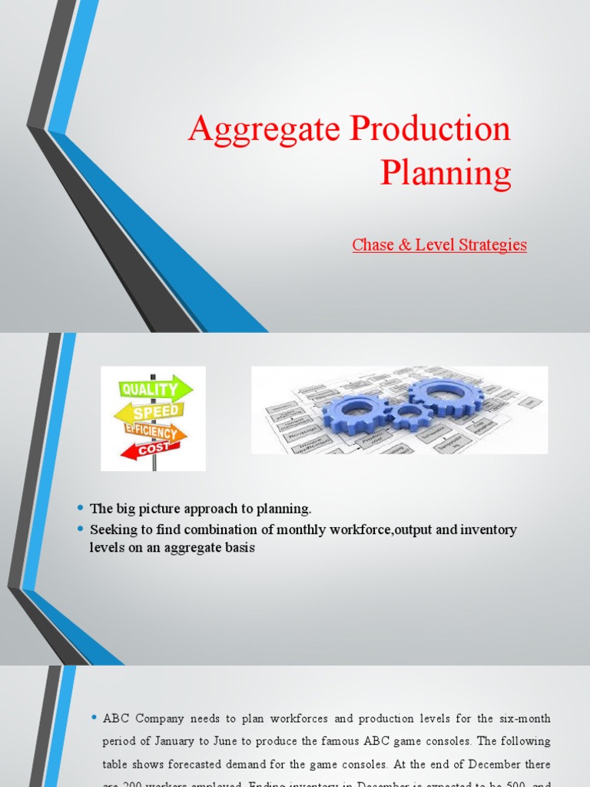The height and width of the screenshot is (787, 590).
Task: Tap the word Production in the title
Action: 430,128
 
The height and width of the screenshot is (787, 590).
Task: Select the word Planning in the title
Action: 446,172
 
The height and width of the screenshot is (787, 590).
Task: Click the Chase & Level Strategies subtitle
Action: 439,245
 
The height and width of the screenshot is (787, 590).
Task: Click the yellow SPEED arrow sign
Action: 151,413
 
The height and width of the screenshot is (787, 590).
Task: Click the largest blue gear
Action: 446,397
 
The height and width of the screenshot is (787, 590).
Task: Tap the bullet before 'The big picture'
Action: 80,509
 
